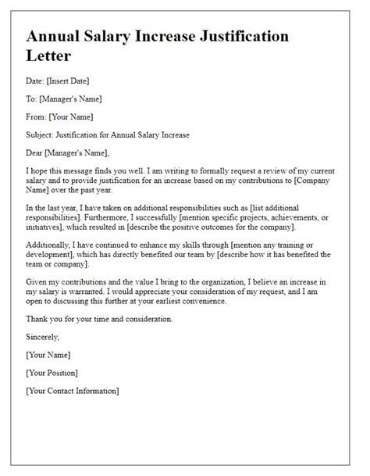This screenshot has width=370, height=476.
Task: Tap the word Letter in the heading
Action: click(52, 57)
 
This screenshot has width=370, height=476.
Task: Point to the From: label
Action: click(37, 116)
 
